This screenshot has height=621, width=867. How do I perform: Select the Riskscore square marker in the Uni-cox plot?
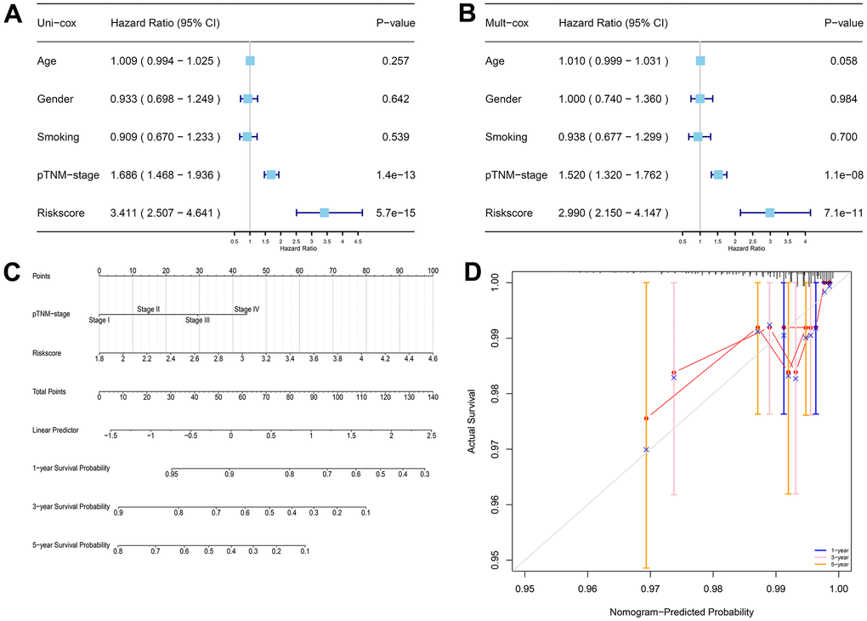point(324,212)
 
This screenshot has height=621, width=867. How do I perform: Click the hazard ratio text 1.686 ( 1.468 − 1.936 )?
point(165,175)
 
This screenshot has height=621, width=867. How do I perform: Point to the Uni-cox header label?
point(59,23)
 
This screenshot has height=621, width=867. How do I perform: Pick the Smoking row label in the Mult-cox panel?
point(506,137)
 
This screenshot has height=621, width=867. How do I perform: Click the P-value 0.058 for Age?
point(841,61)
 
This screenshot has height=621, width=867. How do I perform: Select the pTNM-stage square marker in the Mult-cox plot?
point(718,174)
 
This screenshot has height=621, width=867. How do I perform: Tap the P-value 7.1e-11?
point(841,213)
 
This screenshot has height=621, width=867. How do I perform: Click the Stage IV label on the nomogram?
point(246,310)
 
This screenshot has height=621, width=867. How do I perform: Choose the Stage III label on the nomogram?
point(198,320)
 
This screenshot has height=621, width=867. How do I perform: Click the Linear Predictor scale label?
point(55,430)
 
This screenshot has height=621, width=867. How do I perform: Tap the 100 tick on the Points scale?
point(433,271)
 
